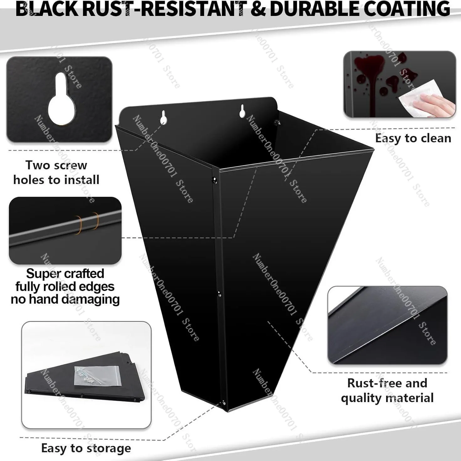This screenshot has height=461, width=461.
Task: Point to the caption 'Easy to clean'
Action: coord(413,138)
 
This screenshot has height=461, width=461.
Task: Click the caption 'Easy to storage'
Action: coord(86,448)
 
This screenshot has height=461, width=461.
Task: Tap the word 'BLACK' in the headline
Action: coord(48,9)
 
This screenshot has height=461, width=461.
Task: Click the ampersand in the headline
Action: coord(258,9)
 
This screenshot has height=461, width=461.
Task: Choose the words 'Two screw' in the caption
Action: coord(56,165)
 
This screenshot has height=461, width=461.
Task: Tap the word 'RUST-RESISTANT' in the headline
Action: coord(165,9)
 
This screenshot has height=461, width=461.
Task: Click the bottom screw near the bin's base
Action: coord(224,403)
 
